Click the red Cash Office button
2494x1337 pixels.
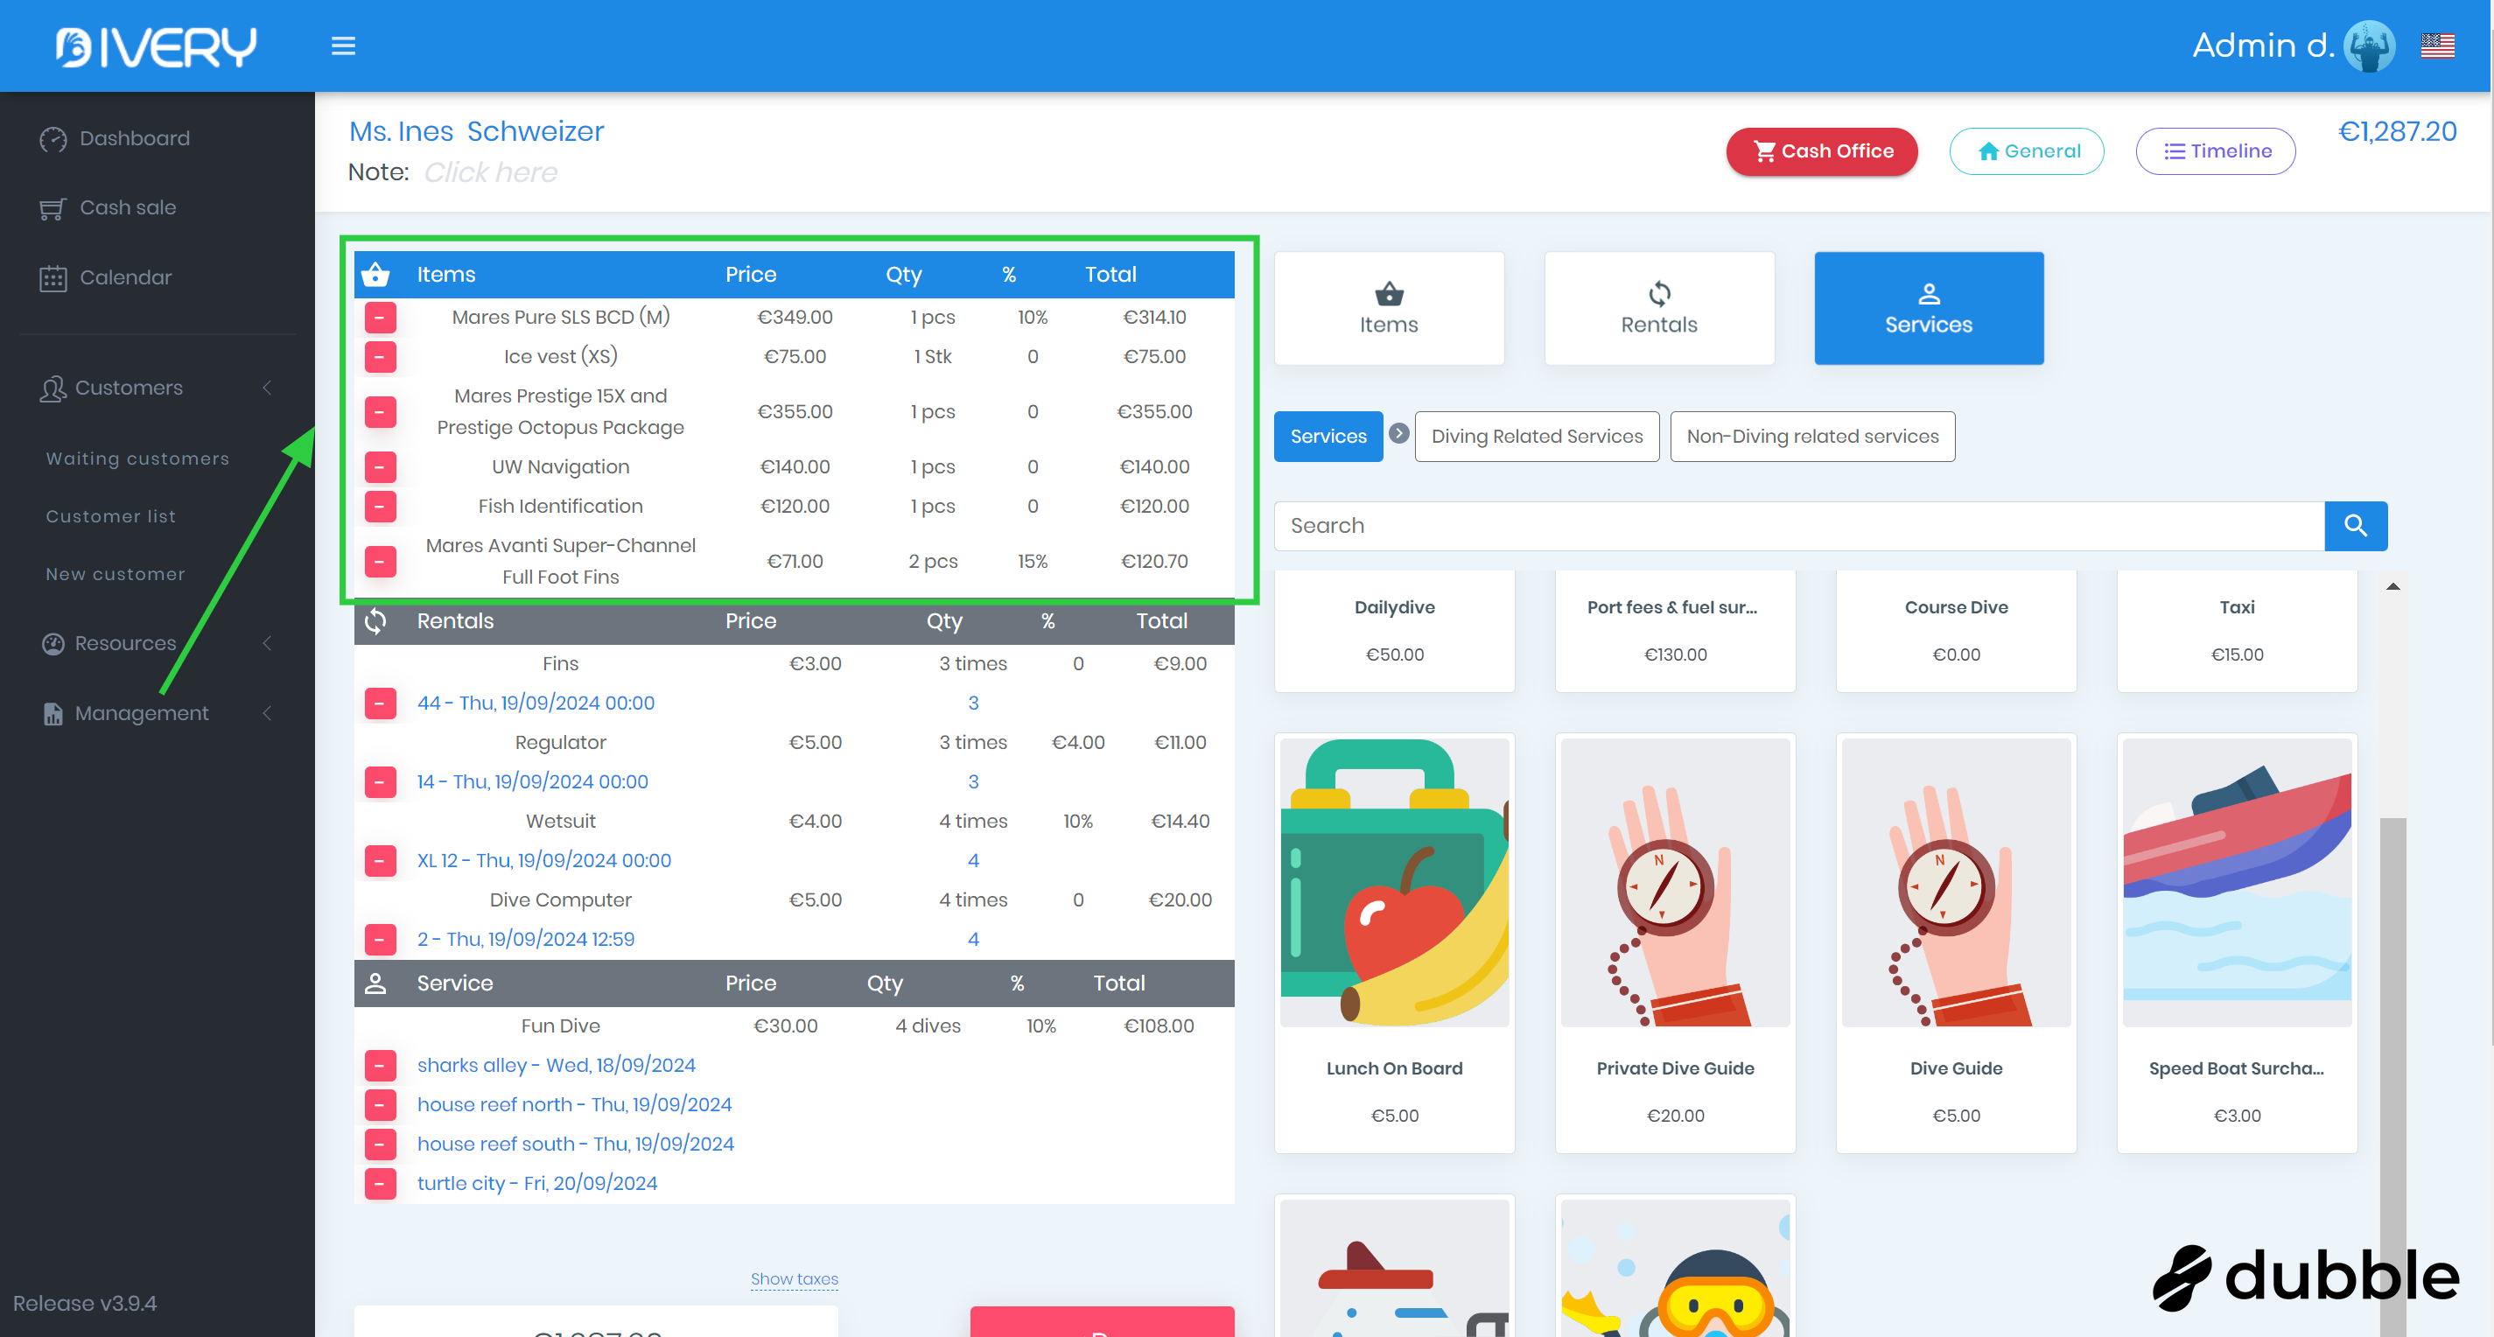pyautogui.click(x=1821, y=151)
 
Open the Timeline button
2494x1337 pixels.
pyautogui.click(x=2215, y=151)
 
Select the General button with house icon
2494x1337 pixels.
pyautogui.click(x=2027, y=151)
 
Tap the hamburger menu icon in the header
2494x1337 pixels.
pyautogui.click(x=344, y=45)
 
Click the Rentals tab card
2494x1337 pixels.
pyautogui.click(x=1658, y=308)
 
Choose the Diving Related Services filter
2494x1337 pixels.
pyautogui.click(x=1537, y=437)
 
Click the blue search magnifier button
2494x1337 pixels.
pyautogui.click(x=2356, y=526)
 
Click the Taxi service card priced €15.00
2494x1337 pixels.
pyautogui.click(x=2237, y=629)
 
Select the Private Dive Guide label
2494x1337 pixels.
pyautogui.click(x=1675, y=1067)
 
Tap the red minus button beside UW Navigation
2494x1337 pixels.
pyautogui.click(x=381, y=467)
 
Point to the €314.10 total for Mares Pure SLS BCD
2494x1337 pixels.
pyautogui.click(x=1154, y=318)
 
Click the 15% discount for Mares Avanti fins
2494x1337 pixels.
pyautogui.click(x=1032, y=562)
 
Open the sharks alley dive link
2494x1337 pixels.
pyautogui.click(x=556, y=1065)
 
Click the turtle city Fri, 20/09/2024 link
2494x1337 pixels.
pyautogui.click(x=536, y=1183)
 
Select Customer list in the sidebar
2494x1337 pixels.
pyautogui.click(x=111, y=516)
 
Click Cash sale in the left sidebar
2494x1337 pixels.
pyautogui.click(x=128, y=207)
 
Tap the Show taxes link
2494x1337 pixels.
pyautogui.click(x=794, y=1279)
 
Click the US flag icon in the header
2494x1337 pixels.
pyautogui.click(x=2437, y=45)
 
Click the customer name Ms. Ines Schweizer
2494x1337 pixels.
pyautogui.click(x=476, y=131)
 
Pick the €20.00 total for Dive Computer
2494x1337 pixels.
pyautogui.click(x=1180, y=900)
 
